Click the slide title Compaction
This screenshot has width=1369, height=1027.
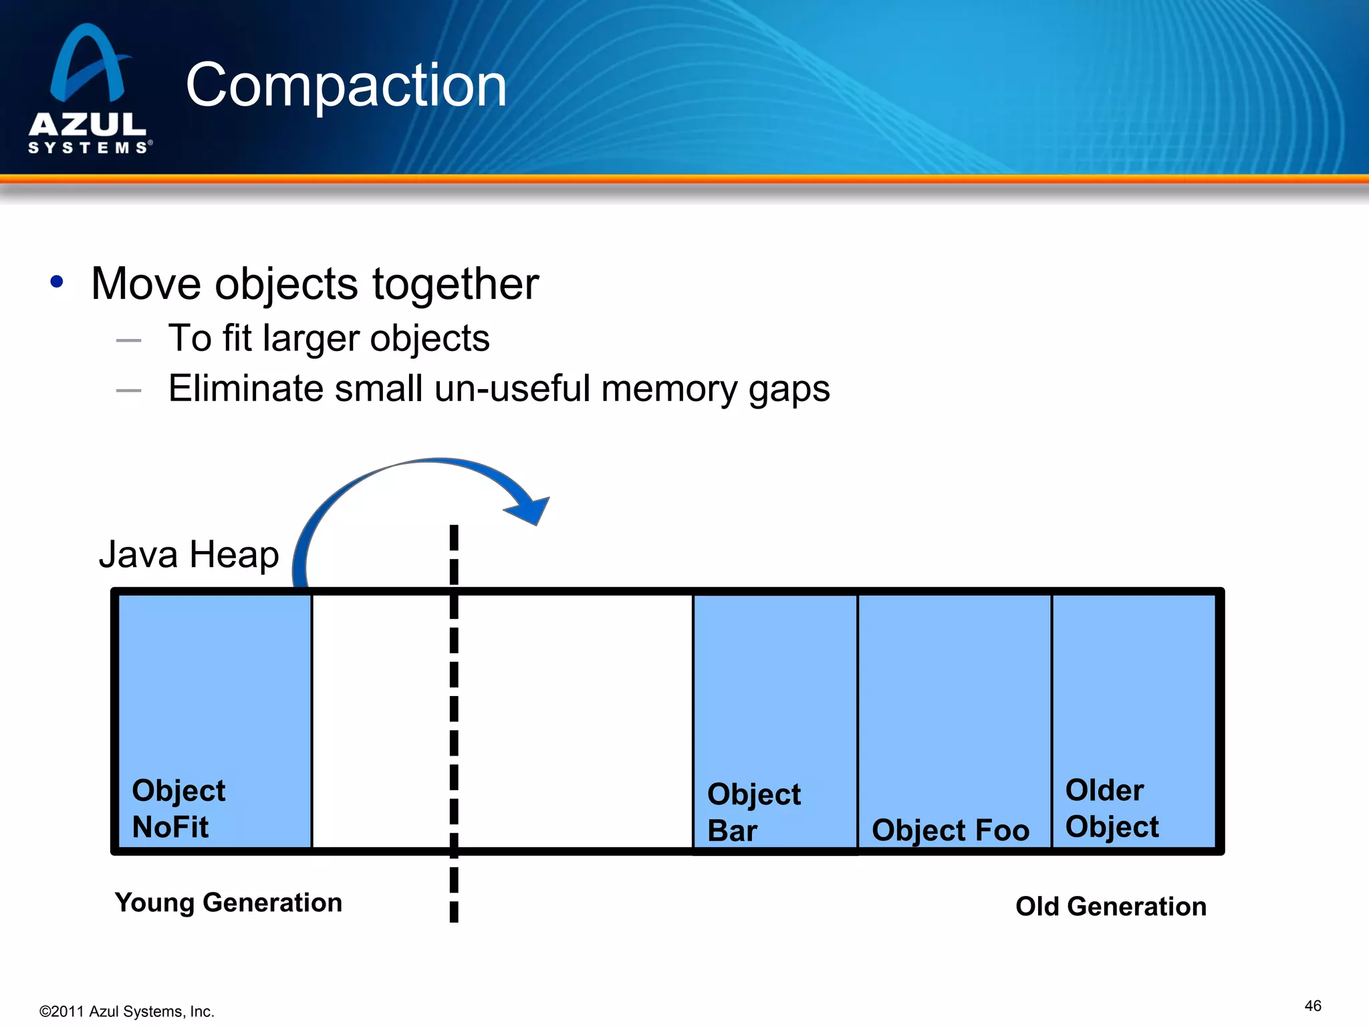(346, 85)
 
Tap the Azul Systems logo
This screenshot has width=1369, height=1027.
(90, 90)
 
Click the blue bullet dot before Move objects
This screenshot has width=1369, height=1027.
(57, 282)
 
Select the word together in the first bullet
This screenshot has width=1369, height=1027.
(455, 284)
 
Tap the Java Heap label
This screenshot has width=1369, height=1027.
(189, 554)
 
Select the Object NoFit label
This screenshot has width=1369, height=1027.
(178, 808)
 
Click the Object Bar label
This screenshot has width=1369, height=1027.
(753, 812)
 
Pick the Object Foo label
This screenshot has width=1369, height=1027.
(950, 830)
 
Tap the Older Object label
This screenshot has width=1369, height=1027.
(1111, 808)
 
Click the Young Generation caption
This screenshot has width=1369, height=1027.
(228, 903)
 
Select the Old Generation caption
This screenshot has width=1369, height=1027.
(1110, 907)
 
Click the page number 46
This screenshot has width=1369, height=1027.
(1312, 1006)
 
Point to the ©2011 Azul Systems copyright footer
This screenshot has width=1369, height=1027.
(126, 1012)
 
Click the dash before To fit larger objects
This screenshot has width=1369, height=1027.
(128, 340)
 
